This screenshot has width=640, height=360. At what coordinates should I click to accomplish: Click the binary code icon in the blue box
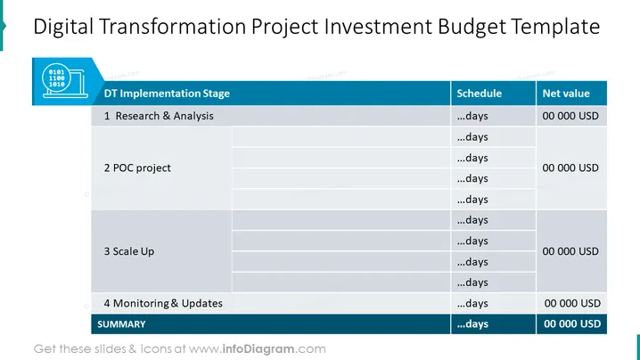pos(65,80)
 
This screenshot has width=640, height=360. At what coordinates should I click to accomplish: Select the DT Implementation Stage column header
pos(167,94)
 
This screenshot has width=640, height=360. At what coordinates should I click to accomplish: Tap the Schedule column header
pos(480,94)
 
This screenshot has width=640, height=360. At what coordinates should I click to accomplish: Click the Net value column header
pos(566,94)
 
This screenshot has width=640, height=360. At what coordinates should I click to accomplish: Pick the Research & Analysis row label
pos(159,116)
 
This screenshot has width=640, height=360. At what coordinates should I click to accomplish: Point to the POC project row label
pos(137,168)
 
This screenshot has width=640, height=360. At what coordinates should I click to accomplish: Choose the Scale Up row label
pos(129,251)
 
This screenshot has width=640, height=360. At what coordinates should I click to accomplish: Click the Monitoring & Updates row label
pos(163,303)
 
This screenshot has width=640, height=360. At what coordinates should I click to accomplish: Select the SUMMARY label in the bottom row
pos(121,324)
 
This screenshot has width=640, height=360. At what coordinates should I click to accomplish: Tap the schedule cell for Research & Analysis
pos(472,116)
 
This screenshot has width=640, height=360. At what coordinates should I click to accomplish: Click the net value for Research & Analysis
pos(570,116)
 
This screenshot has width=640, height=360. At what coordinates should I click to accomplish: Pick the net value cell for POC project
pos(570,168)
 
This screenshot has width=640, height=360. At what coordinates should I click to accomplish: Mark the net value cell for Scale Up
pos(570,251)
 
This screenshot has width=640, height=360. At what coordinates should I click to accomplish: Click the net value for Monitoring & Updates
pos(572,303)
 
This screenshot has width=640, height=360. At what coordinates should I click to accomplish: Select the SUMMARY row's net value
pos(572,323)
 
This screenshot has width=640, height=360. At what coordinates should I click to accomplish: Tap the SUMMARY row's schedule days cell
pos(472,323)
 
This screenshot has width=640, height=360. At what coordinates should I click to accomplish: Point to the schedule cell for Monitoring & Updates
pos(472,303)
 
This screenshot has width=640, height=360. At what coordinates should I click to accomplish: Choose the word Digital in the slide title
pos(63,27)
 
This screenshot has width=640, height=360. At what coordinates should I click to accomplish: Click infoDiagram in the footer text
pos(258,349)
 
